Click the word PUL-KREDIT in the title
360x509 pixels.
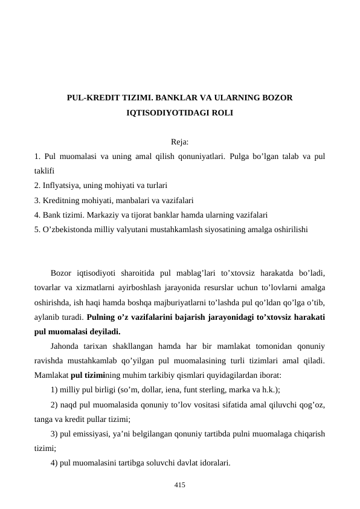click(91, 97)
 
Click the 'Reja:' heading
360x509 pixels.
click(179, 143)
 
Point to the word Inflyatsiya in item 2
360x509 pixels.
click(62, 186)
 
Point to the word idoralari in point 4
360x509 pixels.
click(212, 463)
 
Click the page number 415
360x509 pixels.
click(179, 485)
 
